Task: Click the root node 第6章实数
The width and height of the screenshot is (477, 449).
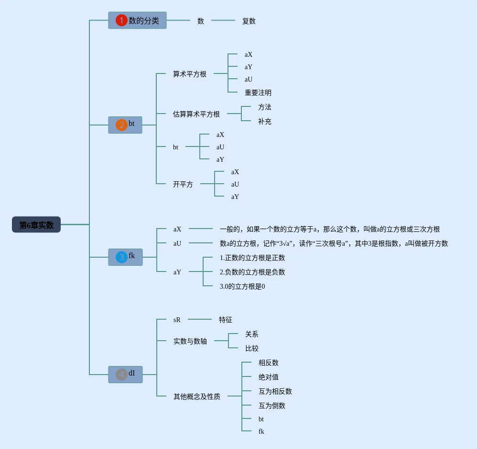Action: [x=36, y=224]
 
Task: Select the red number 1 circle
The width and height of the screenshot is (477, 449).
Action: [x=121, y=21]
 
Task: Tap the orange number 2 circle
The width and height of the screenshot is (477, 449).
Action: [x=121, y=125]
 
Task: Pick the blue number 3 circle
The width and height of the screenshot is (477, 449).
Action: [x=121, y=257]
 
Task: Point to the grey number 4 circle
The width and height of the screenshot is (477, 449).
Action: [x=121, y=375]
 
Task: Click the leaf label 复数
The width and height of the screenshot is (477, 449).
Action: [x=249, y=21]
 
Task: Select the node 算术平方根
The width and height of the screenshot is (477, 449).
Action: [x=190, y=74]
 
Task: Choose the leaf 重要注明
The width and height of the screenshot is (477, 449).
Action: [x=258, y=93]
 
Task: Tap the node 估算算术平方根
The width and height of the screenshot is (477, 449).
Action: [x=196, y=114]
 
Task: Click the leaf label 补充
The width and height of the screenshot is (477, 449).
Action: [x=265, y=122]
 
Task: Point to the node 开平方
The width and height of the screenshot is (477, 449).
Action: [x=183, y=184]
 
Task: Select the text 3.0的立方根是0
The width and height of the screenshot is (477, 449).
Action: [x=242, y=286]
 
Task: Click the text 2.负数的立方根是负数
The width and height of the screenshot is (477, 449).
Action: [x=252, y=272]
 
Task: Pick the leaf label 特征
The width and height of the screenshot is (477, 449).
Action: [x=226, y=320]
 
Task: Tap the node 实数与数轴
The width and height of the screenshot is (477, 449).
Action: [x=190, y=341]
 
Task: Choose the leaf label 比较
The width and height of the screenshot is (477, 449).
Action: [x=252, y=348]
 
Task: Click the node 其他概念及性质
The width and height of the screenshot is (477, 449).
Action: [x=197, y=397]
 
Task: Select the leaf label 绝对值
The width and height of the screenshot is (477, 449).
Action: [x=269, y=377]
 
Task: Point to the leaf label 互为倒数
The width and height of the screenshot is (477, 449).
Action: [x=272, y=406]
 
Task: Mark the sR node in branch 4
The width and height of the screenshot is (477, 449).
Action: [x=177, y=320]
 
